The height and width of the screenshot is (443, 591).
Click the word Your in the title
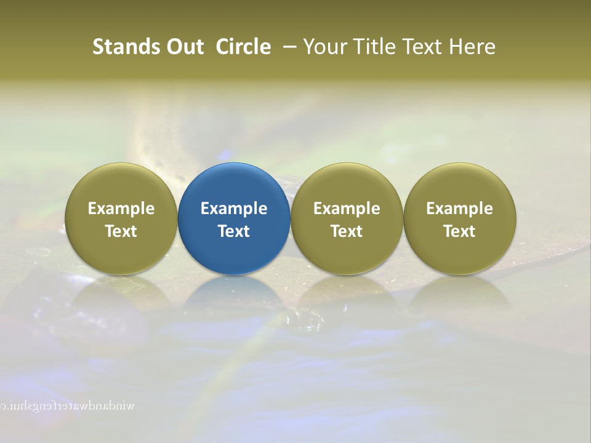[x=323, y=47]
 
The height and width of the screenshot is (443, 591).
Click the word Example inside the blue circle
[x=234, y=209]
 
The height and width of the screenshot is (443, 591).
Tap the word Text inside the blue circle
[x=234, y=231]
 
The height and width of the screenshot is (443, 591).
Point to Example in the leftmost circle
[x=121, y=209]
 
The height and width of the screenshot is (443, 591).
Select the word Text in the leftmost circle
[x=121, y=231]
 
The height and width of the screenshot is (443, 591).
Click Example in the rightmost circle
[x=459, y=209]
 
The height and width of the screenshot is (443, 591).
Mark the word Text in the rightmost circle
[x=459, y=231]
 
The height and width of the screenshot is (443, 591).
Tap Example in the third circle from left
[x=347, y=209]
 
